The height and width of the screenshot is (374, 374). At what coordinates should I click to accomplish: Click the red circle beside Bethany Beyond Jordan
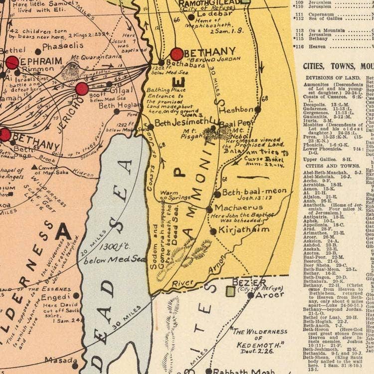pos(177,54)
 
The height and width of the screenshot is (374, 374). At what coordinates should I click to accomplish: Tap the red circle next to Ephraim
pos(11,63)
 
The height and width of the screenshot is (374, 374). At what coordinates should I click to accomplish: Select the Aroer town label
pos(270,294)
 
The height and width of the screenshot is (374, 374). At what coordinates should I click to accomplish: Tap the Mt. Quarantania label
pos(90,57)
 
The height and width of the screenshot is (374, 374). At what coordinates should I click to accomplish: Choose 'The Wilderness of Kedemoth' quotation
pos(258,338)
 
